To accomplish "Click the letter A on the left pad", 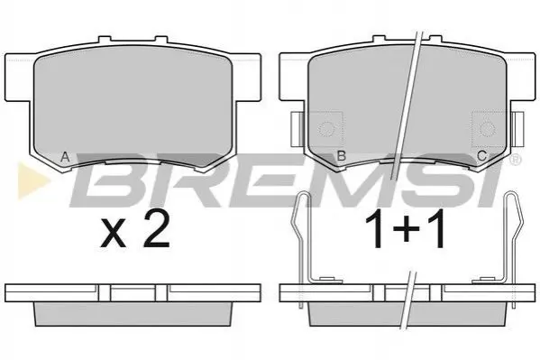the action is [x=65, y=157].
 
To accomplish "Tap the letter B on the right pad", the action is [x=341, y=156].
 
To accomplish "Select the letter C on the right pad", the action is [x=482, y=156].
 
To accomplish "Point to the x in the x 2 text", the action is [x=113, y=235].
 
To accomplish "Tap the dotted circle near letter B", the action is [x=325, y=129].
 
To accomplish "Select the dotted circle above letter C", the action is [x=487, y=129].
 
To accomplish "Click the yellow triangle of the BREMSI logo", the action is [x=32, y=180].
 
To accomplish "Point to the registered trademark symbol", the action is [x=515, y=159].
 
